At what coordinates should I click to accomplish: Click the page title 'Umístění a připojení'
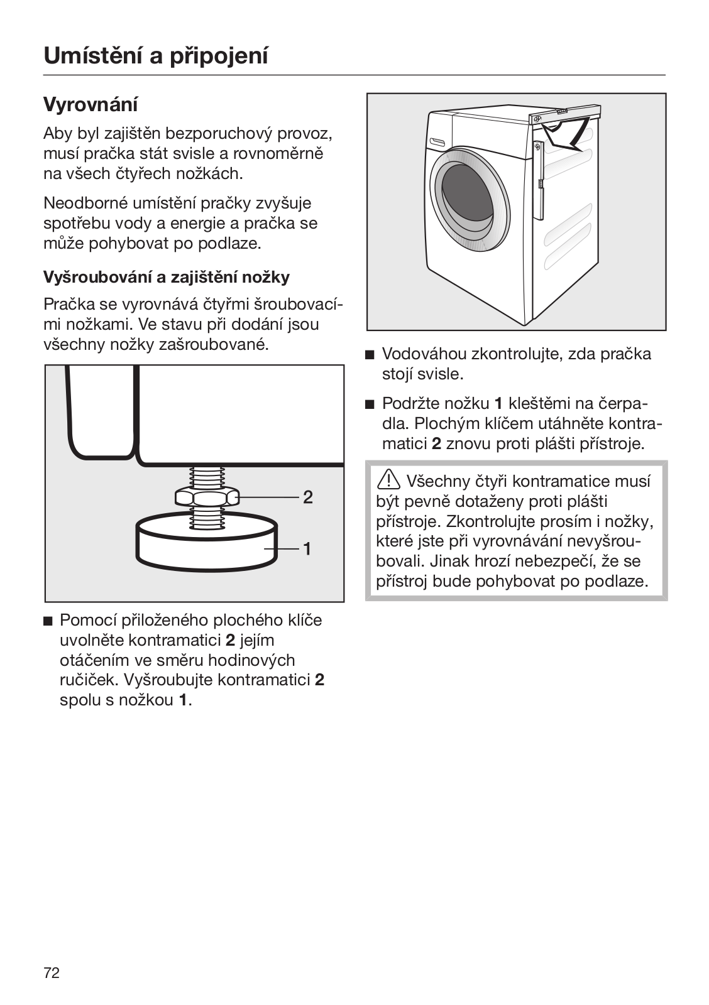156,56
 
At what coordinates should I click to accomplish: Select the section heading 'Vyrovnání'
91,104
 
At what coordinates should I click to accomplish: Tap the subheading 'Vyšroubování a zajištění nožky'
167,277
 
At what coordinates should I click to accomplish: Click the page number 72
52,974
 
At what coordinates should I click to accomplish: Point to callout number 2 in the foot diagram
308,497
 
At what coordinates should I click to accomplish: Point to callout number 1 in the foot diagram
307,549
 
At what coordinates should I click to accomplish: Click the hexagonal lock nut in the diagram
207,497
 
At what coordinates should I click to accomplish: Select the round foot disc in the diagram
207,541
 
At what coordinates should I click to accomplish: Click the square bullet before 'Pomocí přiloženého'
48,621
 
